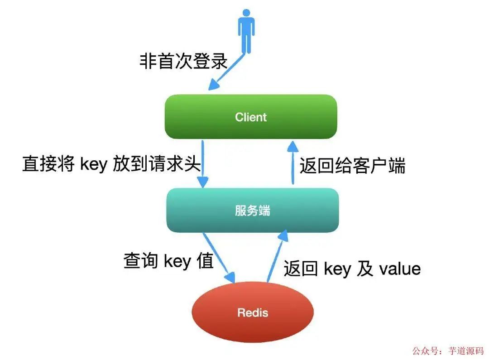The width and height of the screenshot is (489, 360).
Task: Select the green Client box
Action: (x=251, y=117)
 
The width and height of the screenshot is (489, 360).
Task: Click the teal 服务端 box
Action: (x=253, y=210)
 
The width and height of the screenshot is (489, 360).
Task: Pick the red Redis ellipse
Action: (x=253, y=312)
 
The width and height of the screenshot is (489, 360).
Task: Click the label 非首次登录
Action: (x=183, y=61)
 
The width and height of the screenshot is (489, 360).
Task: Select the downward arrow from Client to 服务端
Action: (x=202, y=163)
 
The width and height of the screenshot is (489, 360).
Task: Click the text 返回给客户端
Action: (x=352, y=166)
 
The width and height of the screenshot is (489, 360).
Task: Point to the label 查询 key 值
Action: (x=168, y=261)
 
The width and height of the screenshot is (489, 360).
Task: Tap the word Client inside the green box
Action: (x=251, y=117)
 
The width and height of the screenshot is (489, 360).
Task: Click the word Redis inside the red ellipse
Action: (x=253, y=312)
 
